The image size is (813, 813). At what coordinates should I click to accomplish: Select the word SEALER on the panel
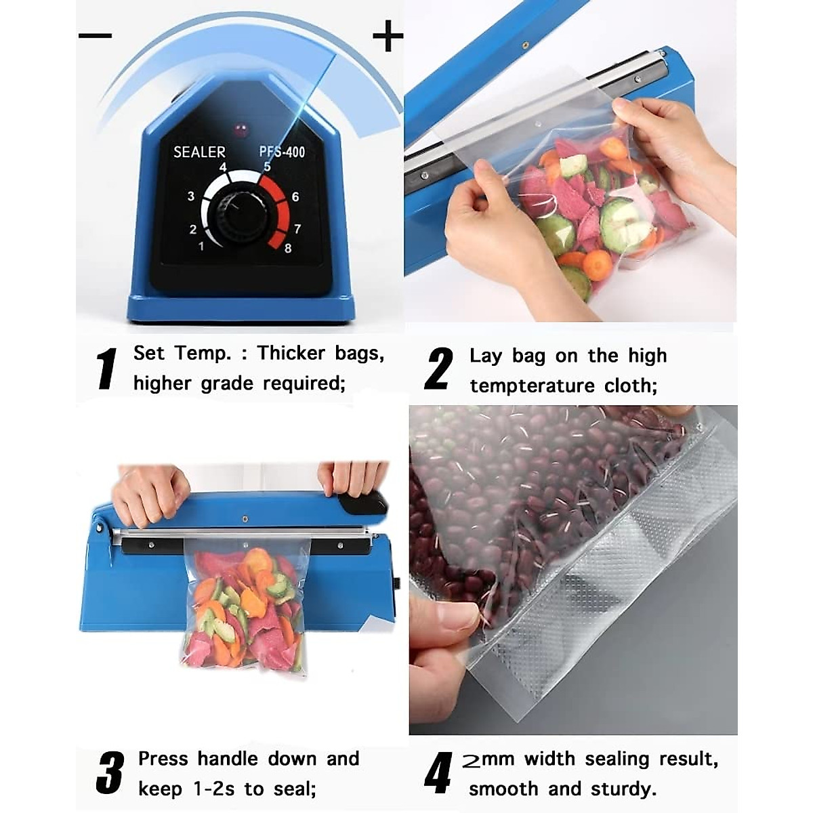click(199, 152)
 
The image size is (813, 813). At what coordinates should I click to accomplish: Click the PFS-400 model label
click(282, 152)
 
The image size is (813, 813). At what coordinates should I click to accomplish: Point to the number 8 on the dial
click(288, 248)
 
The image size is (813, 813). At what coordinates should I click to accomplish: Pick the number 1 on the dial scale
click(201, 246)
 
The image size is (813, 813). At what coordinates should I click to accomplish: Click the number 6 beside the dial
click(295, 197)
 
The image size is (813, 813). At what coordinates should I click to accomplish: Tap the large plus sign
click(388, 36)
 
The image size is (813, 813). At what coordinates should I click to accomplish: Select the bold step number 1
click(106, 369)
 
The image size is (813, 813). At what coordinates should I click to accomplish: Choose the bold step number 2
click(438, 369)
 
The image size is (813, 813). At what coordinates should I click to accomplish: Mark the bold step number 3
click(110, 772)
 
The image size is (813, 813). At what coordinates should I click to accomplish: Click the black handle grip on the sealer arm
click(362, 503)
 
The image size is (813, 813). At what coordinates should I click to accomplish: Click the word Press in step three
click(163, 758)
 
